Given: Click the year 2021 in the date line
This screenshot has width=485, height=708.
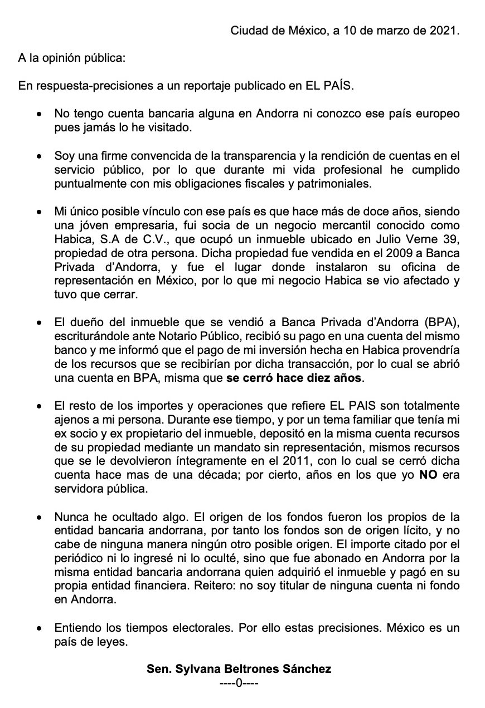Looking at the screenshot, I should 446,31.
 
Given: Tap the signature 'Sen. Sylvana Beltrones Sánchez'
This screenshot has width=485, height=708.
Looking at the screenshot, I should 239,669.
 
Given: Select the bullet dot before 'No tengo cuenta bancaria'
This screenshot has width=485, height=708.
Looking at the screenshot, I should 38,114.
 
